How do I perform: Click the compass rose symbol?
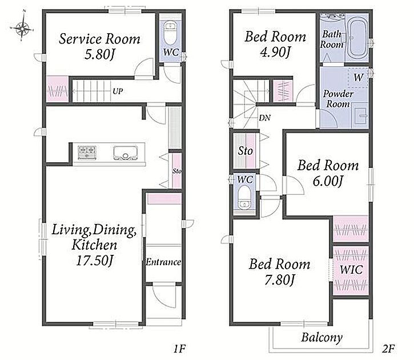22,26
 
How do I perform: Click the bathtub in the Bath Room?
357,38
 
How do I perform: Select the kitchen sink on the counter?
126,153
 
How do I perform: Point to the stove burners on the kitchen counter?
87,153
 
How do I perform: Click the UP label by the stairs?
118,91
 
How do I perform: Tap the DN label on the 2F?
265,118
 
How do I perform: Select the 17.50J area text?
95,261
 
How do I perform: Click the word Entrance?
163,262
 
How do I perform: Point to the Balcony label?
322,337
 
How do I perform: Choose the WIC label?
351,270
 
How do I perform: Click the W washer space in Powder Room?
358,78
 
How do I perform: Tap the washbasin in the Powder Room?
361,115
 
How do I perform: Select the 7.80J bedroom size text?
280,280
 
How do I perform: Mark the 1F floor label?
180,349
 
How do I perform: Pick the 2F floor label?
388,349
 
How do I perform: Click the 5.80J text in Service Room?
100,55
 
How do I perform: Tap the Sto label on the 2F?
246,151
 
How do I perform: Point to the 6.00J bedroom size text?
328,181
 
